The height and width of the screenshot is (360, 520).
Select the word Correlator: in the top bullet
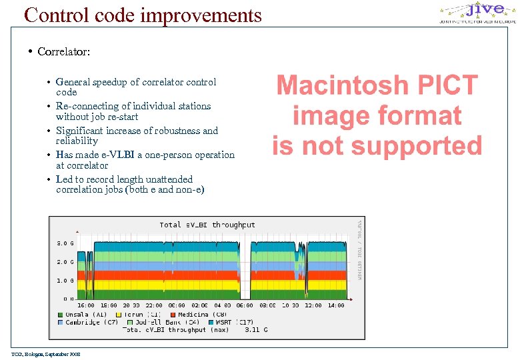pyautogui.click(x=64, y=51)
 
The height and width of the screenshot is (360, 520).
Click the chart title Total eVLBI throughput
pyautogui.click(x=207, y=225)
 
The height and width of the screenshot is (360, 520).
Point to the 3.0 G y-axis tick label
pyautogui.click(x=63, y=243)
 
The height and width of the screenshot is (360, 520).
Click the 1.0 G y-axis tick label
pyautogui.click(x=63, y=281)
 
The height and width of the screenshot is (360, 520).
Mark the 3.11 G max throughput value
pyautogui.click(x=256, y=329)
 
